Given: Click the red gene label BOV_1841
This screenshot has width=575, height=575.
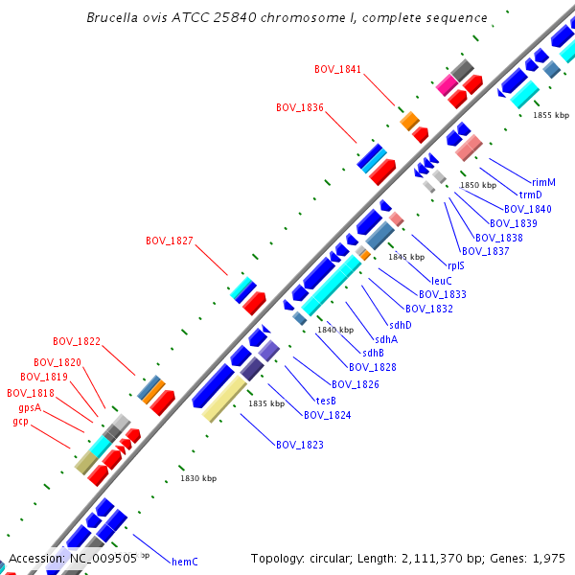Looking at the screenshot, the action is [338, 69].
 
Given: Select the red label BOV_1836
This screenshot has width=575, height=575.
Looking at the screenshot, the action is [300, 107].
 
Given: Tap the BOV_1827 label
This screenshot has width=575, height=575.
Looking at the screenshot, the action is [170, 241].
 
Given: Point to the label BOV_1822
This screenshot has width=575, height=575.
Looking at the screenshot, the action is [77, 341].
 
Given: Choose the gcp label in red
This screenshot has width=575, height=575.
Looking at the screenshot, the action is [21, 422].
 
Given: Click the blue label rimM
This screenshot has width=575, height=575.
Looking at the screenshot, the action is [543, 182].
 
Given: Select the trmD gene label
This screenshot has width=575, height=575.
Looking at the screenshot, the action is [531, 195].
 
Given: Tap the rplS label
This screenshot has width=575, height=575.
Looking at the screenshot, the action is [455, 266].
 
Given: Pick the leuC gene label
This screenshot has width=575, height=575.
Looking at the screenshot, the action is [442, 281].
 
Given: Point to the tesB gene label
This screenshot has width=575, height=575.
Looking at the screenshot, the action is [326, 401].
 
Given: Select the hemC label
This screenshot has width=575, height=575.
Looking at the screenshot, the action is [184, 562].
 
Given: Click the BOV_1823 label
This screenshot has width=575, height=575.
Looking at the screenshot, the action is [300, 445].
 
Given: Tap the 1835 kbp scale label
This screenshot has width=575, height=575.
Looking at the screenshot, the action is [266, 404].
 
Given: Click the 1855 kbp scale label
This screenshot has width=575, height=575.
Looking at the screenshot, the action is [551, 115].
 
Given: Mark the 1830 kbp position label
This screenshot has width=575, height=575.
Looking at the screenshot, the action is [198, 478].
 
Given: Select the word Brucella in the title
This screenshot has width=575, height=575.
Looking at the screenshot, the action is [113, 18].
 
